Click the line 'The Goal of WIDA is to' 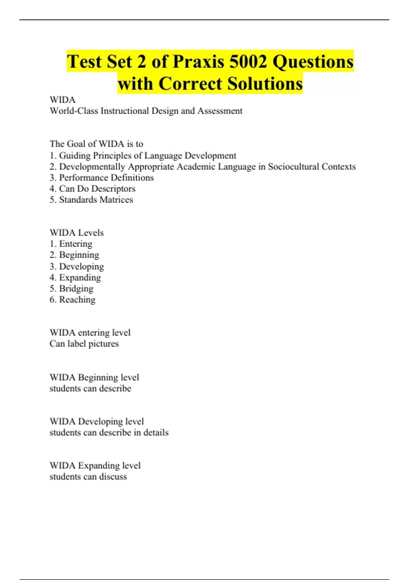[x=96, y=144]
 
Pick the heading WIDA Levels [x=77, y=233]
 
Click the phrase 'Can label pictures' [x=84, y=344]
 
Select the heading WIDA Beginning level [x=94, y=377]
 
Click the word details [x=156, y=433]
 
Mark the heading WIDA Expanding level [x=95, y=466]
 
